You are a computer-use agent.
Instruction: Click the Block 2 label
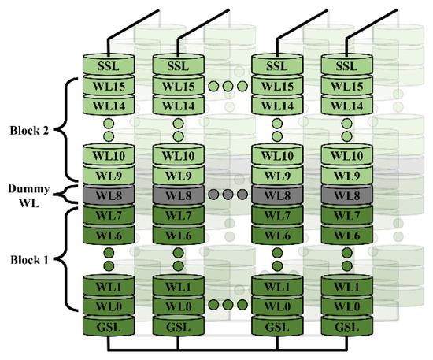tap(30, 130)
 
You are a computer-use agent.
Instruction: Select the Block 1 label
tap(30, 258)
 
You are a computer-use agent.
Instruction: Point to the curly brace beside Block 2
tap(68, 130)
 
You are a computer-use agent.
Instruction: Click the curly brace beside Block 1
tap(68, 258)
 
